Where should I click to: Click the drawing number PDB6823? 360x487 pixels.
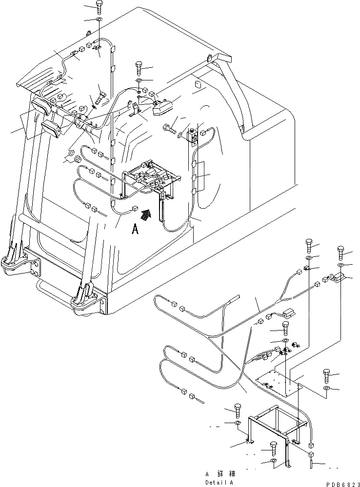pyautogui.click(x=339, y=483)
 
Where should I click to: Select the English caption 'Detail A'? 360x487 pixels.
pyautogui.click(x=220, y=482)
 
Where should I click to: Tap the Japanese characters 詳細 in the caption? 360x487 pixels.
pyautogui.click(x=227, y=473)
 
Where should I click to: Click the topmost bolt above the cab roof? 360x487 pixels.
pyautogui.click(x=99, y=7)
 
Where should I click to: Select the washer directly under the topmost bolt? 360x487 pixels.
pyautogui.click(x=99, y=19)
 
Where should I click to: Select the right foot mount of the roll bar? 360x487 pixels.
pyautogui.click(x=87, y=297)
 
